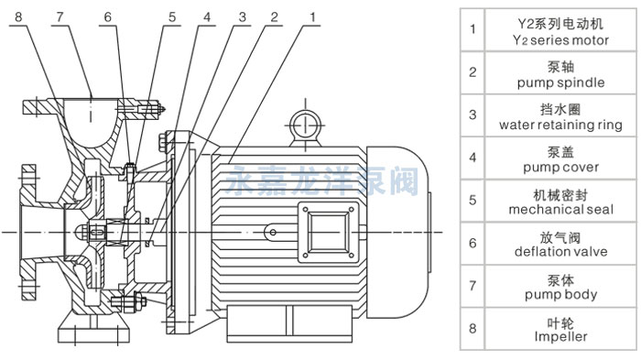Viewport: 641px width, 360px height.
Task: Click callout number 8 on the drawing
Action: (x=18, y=17)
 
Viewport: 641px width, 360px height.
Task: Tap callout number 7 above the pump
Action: (x=60, y=17)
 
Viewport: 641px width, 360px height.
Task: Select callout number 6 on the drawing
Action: (x=107, y=17)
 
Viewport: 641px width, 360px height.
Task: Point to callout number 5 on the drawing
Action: (x=172, y=17)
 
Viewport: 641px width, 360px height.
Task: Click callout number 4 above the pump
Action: (x=207, y=17)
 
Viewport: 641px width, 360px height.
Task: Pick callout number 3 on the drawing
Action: (x=243, y=17)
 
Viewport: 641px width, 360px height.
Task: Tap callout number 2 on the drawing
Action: (x=275, y=17)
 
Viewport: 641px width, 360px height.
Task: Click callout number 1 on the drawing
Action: (x=313, y=17)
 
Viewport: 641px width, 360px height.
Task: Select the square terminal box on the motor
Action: (x=328, y=232)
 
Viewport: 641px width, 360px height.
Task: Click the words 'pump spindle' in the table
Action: (x=560, y=82)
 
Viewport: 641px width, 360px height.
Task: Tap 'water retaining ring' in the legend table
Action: (x=560, y=125)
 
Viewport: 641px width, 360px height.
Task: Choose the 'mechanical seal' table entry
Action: (x=560, y=210)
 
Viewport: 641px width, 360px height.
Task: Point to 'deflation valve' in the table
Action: (x=560, y=252)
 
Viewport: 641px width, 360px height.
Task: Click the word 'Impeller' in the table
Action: (x=560, y=337)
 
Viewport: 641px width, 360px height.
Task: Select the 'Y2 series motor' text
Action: (x=560, y=40)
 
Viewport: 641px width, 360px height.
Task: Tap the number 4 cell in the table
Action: (x=473, y=158)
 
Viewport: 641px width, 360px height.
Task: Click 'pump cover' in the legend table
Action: (x=560, y=168)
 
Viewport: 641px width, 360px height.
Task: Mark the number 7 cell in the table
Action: (x=473, y=286)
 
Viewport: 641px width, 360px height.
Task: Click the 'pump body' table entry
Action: (x=560, y=295)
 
